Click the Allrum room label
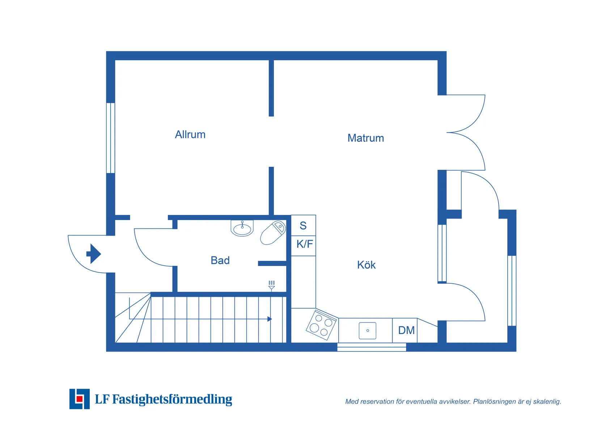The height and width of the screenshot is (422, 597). (190, 135)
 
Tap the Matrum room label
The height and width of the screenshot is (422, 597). (365, 138)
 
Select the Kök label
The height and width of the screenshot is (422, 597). (366, 265)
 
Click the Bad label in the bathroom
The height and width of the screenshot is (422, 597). (220, 260)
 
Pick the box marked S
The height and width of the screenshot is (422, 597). (303, 225)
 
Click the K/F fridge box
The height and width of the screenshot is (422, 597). (304, 244)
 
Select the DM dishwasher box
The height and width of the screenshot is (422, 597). (406, 330)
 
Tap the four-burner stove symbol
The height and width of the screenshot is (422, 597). (321, 325)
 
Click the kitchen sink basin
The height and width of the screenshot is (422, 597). (367, 330)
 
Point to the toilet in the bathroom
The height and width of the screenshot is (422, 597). (273, 233)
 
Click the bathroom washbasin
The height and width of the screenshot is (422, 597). (242, 229)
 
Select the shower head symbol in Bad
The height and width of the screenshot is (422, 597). (271, 286)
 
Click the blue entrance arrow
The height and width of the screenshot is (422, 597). (94, 254)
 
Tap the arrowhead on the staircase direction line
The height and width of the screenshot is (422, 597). (270, 319)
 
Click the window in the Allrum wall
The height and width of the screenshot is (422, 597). (110, 138)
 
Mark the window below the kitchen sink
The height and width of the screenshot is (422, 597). (372, 347)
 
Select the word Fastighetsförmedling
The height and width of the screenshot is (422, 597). (172, 399)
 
